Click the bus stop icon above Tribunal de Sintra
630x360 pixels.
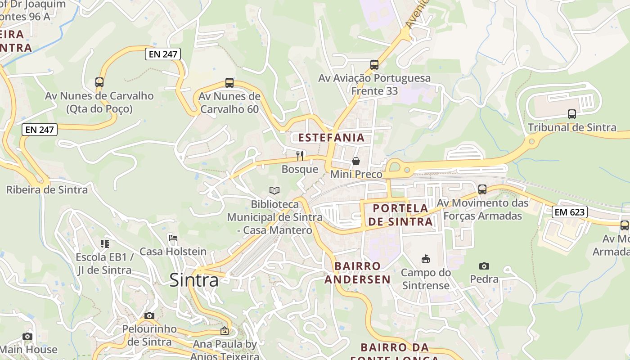(571, 114)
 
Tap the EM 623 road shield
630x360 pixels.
(570, 211)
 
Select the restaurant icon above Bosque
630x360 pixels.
(300, 156)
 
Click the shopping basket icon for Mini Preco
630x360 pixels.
(356, 161)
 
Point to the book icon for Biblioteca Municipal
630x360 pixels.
(274, 191)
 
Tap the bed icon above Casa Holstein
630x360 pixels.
(173, 238)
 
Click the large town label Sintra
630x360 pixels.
(194, 280)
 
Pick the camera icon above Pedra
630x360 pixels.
(484, 266)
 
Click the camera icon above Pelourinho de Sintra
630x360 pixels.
(149, 315)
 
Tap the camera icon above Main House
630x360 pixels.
(27, 336)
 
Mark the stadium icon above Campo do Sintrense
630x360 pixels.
(425, 259)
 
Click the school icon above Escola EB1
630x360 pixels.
(105, 244)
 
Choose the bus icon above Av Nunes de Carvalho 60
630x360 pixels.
(229, 83)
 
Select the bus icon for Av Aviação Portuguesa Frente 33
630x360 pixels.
(374, 65)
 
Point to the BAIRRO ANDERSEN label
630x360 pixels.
(358, 273)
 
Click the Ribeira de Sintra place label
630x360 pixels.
(47, 189)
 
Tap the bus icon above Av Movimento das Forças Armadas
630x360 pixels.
(482, 189)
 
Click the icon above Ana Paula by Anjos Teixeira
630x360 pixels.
(224, 331)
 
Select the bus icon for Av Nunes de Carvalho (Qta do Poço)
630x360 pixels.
(99, 82)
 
